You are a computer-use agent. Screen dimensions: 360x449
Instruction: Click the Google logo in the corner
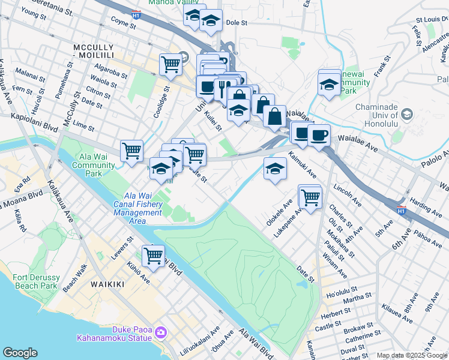pyautogui.click(x=20, y=353)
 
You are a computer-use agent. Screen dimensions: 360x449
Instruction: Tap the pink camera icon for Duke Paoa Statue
pyautogui.click(x=160, y=332)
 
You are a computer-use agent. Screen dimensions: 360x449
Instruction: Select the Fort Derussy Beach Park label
pyautogui.click(x=36, y=281)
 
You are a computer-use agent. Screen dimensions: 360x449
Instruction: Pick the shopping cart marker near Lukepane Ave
pyautogui.click(x=310, y=196)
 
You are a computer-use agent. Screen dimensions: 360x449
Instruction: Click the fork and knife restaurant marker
pyautogui.click(x=223, y=89)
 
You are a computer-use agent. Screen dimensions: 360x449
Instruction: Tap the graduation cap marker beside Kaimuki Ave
pyautogui.click(x=275, y=168)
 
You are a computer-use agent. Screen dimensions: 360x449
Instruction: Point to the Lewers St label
pyautogui.click(x=122, y=250)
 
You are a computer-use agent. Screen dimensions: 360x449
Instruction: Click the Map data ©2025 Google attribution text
pyautogui.click(x=412, y=355)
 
